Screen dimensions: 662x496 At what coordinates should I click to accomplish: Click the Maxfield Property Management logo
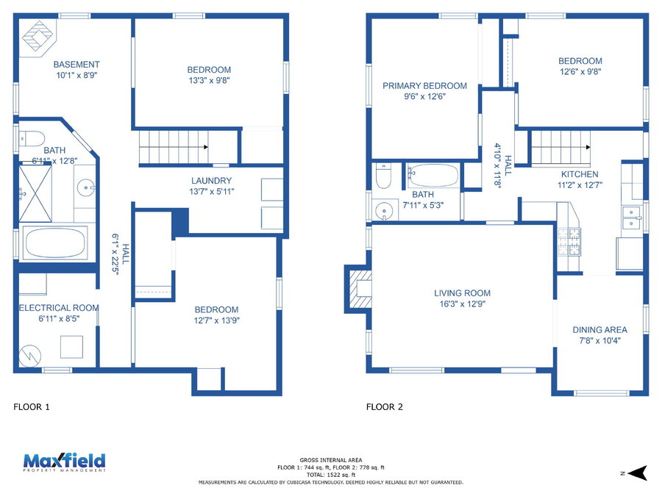[x=64, y=462]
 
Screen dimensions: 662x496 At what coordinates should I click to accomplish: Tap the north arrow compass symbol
[x=638, y=472]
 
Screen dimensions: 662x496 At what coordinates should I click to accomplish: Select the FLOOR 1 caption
[x=32, y=407]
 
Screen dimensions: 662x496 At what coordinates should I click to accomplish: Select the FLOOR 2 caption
[x=384, y=407]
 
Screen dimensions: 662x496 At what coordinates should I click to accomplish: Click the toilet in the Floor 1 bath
[x=32, y=138]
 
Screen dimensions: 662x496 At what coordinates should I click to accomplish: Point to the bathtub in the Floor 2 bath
[x=433, y=176]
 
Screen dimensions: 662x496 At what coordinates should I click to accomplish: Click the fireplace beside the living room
[x=359, y=289]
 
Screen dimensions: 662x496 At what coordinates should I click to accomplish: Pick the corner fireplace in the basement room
[x=38, y=37]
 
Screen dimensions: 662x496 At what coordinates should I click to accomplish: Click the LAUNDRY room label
[x=212, y=181]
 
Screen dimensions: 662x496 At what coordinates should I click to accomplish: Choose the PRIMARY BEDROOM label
[x=424, y=86]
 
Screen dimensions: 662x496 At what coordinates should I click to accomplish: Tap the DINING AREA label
[x=600, y=330]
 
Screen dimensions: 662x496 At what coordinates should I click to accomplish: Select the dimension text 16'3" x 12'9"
[x=463, y=303]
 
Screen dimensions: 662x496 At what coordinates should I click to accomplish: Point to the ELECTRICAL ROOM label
[x=59, y=308]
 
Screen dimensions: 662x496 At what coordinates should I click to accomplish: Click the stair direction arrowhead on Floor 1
[x=206, y=147]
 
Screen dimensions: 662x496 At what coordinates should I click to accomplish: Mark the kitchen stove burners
[x=569, y=242]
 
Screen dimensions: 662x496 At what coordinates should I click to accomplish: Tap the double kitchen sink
[x=631, y=218]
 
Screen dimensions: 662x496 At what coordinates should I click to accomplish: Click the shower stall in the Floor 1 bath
[x=35, y=193]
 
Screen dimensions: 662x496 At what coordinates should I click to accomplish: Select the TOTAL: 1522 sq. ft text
[x=331, y=475]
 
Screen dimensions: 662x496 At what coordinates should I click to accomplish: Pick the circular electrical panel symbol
[x=30, y=356]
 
